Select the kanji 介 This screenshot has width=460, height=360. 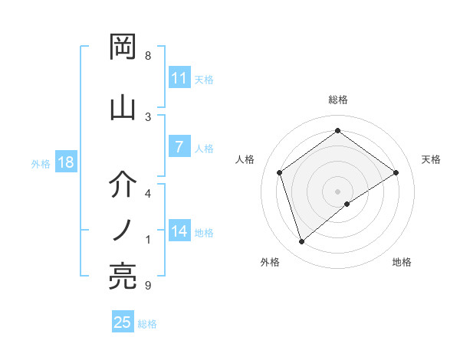pos(123,184)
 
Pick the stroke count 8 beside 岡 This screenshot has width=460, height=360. pos(148,56)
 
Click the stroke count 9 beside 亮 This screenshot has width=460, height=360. pos(148,286)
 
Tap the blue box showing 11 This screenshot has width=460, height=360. pos(179,78)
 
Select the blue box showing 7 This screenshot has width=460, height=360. pos(179,147)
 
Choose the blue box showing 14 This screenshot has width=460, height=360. pos(179,231)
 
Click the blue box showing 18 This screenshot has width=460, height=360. pos(64,162)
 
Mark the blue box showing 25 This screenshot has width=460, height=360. pos(123,322)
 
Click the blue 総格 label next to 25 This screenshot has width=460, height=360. pos(147,324)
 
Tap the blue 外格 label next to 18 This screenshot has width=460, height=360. pos(41,163)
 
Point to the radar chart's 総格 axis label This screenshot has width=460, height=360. pos(338,100)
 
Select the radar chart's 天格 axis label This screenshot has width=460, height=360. pos(431,159)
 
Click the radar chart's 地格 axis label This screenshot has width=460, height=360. pos(402,262)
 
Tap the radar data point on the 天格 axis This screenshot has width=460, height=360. pos(396,173)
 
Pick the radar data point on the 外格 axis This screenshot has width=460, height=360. pos(302,242)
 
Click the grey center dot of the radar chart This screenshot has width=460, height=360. pos(338,191)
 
